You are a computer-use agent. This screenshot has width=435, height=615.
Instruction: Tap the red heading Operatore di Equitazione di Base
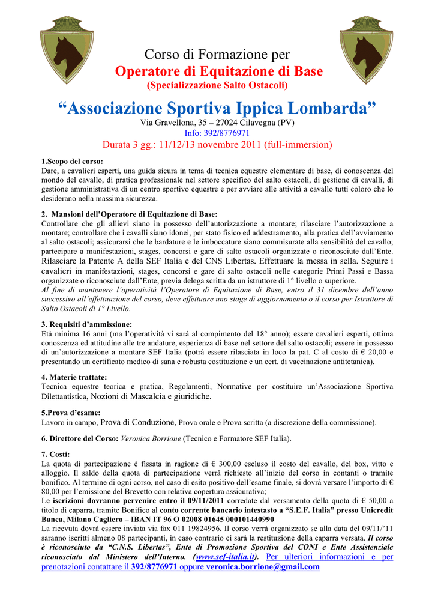218,71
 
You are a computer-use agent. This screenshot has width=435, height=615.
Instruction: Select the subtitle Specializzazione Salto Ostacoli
218,85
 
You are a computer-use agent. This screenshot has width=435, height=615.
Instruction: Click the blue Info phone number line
217,133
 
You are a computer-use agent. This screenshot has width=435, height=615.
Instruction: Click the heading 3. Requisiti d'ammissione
78,324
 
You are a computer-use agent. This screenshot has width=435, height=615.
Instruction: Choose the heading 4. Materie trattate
74,377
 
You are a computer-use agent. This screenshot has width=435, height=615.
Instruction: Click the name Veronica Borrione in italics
151,438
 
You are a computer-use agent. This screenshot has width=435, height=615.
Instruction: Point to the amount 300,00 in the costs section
229,464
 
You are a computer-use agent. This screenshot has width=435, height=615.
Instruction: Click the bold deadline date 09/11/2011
203,500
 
